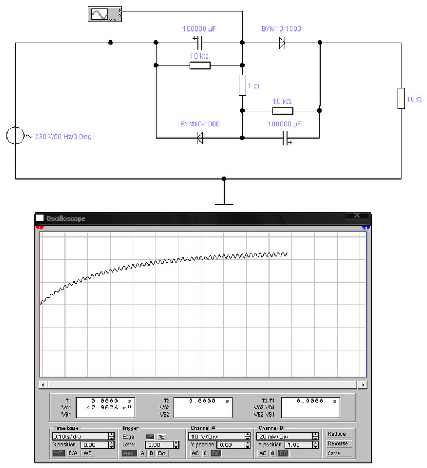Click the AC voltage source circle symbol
click(15, 136)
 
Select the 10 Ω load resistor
click(401, 98)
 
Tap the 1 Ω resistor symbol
click(242, 85)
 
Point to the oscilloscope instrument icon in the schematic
click(105, 14)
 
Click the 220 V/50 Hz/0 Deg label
click(63, 136)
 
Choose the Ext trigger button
click(161, 453)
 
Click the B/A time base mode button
click(73, 453)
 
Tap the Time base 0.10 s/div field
click(80, 436)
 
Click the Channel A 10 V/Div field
click(216, 436)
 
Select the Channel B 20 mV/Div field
click(285, 436)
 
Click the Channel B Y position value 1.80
click(298, 445)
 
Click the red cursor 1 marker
click(40, 228)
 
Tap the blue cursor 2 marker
click(366, 228)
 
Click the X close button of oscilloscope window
click(357, 215)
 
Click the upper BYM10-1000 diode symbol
click(282, 43)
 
